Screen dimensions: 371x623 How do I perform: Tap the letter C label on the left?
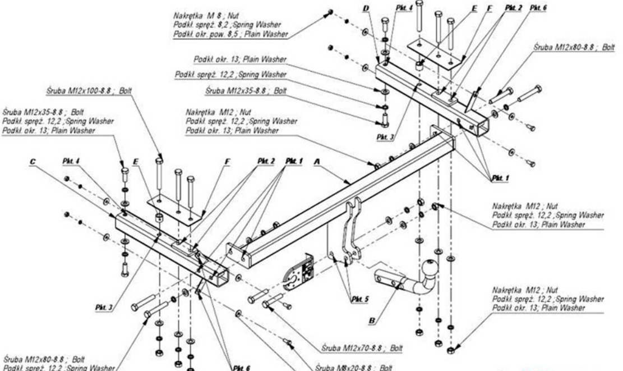pyautogui.click(x=35, y=161)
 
